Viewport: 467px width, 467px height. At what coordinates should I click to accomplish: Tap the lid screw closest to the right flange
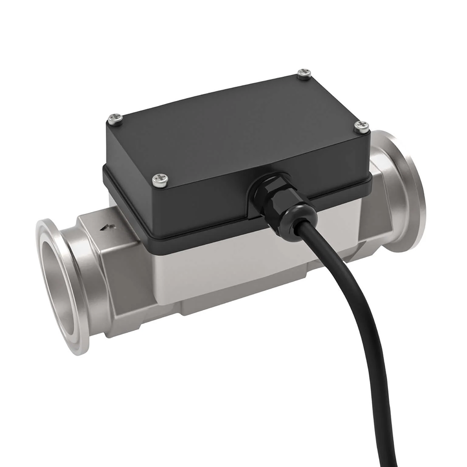[x=362, y=126]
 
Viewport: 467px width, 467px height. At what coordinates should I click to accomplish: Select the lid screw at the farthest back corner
[x=304, y=74]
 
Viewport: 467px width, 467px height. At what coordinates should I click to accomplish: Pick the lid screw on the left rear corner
[x=115, y=119]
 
